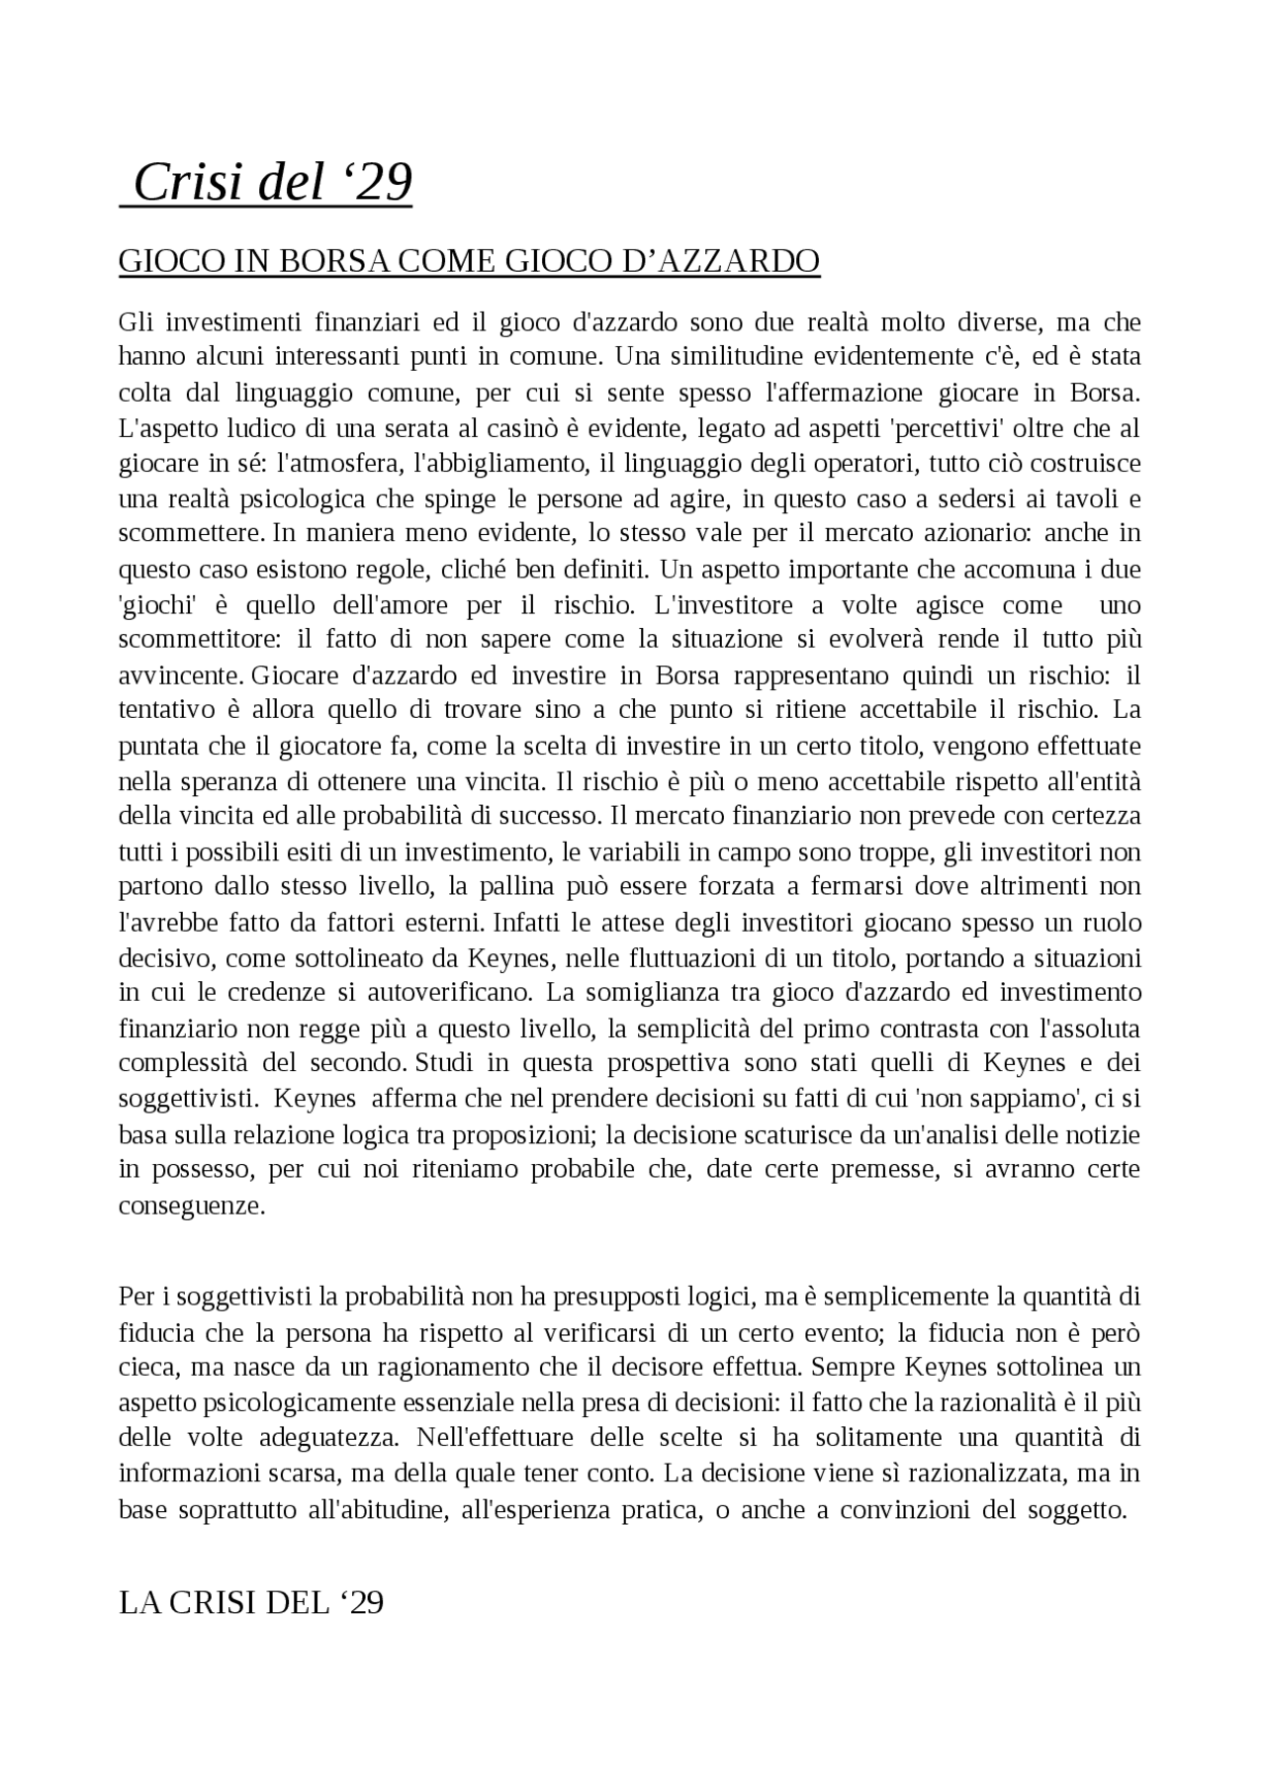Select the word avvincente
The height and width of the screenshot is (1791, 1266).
180,676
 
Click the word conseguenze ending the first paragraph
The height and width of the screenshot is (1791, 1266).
192,1206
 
